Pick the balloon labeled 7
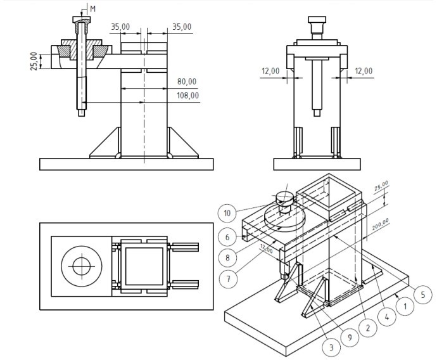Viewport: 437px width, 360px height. (229, 278)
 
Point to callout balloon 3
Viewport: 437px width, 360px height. (331, 347)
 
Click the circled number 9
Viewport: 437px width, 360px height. (349, 337)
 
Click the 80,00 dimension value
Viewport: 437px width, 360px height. (187, 82)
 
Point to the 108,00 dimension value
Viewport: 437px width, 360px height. (187, 96)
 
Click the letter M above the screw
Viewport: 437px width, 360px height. (92, 9)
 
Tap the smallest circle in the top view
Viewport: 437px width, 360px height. (80, 266)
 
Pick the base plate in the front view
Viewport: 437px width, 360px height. (126, 164)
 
